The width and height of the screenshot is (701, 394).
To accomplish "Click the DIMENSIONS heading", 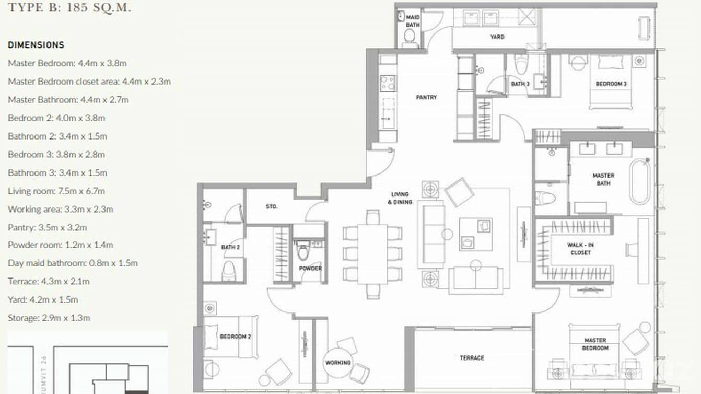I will pyautogui.click(x=36, y=45).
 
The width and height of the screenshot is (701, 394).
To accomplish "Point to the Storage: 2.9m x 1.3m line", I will pyautogui.click(x=49, y=318).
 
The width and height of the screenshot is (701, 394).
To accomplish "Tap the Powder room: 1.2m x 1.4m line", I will pyautogui.click(x=60, y=245).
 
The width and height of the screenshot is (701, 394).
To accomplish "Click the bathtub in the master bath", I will pyautogui.click(x=640, y=182).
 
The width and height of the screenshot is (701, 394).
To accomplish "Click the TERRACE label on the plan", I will pyautogui.click(x=472, y=358).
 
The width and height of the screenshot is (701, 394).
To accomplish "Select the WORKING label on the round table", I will pyautogui.click(x=338, y=362).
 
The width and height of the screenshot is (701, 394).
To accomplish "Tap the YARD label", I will pyautogui.click(x=497, y=37).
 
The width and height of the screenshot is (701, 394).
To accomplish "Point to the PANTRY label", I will pyautogui.click(x=426, y=97).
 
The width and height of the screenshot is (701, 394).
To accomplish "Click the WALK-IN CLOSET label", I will pyautogui.click(x=580, y=249).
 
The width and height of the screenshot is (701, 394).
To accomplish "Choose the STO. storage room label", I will pyautogui.click(x=271, y=206).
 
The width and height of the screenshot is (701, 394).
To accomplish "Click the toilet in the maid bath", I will pyautogui.click(x=410, y=37).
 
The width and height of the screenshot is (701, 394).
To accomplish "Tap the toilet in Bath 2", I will pyautogui.click(x=229, y=270).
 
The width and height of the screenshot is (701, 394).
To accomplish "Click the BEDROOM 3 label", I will pyautogui.click(x=611, y=84).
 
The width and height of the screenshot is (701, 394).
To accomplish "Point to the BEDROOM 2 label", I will pyautogui.click(x=235, y=337).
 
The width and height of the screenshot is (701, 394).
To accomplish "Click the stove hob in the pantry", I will pyautogui.click(x=387, y=83).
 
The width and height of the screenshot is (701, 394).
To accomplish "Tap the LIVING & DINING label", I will pyautogui.click(x=401, y=198).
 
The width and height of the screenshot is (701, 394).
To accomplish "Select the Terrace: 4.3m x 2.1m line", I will pyautogui.click(x=49, y=281).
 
